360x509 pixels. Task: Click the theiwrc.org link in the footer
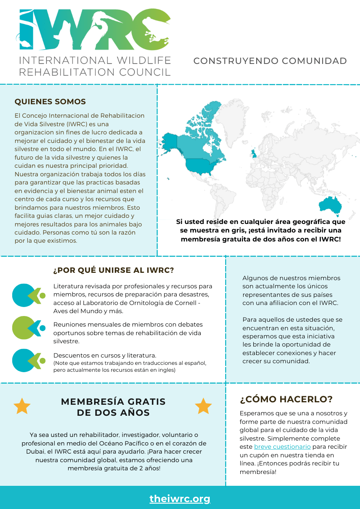click(x=180, y=498)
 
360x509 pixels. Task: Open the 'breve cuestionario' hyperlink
click(x=282, y=447)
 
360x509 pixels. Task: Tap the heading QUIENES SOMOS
click(x=50, y=101)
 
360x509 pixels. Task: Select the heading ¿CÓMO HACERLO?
click(x=286, y=399)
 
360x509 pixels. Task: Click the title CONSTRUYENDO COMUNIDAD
click(x=270, y=61)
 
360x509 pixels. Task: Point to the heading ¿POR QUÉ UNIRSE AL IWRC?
click(x=114, y=270)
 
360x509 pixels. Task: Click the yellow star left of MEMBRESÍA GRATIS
click(x=22, y=406)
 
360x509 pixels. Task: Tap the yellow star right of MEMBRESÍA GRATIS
click(x=203, y=406)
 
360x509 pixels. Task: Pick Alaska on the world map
click(x=170, y=140)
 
